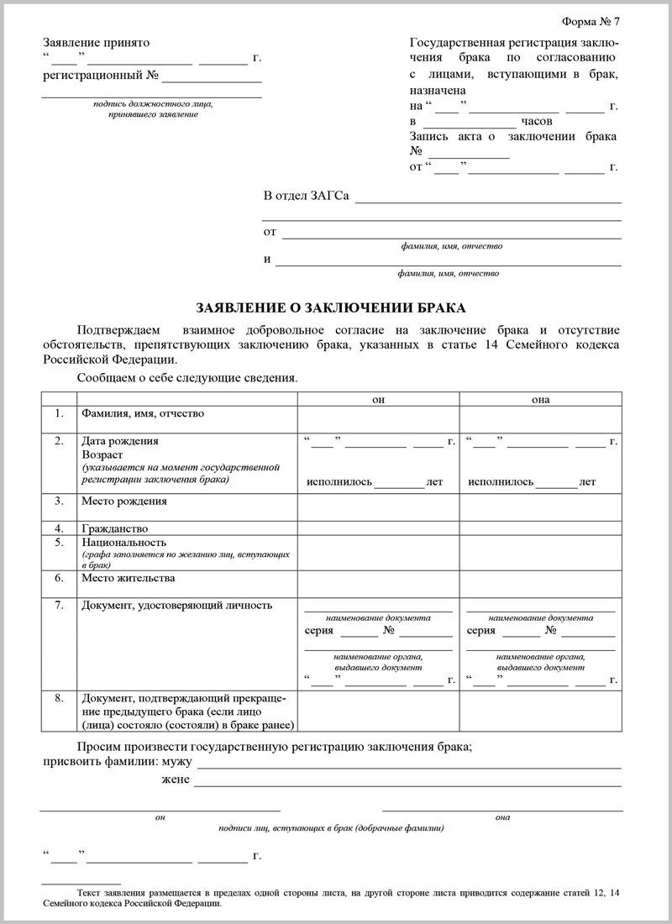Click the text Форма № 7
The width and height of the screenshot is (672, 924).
pyautogui.click(x=591, y=21)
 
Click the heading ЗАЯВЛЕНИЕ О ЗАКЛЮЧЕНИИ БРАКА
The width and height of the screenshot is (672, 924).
pyautogui.click(x=330, y=307)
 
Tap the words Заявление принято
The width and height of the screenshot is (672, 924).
pyautogui.click(x=96, y=42)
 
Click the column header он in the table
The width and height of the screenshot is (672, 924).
pyautogui.click(x=378, y=399)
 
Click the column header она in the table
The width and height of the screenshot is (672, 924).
pyautogui.click(x=540, y=399)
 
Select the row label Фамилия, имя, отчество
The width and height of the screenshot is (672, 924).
pyautogui.click(x=142, y=413)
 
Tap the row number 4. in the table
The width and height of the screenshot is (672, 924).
pyautogui.click(x=59, y=528)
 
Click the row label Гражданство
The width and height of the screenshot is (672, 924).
pyautogui.click(x=114, y=528)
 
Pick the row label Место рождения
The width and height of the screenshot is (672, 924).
pyautogui.click(x=123, y=501)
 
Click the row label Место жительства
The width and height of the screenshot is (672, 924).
pyautogui.click(x=128, y=578)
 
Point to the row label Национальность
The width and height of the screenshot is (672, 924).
pyautogui.click(x=123, y=542)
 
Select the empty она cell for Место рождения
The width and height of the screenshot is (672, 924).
pyautogui.click(x=540, y=507)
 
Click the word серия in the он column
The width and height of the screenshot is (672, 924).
pyautogui.click(x=318, y=630)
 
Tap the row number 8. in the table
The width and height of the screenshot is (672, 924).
pyautogui.click(x=59, y=697)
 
